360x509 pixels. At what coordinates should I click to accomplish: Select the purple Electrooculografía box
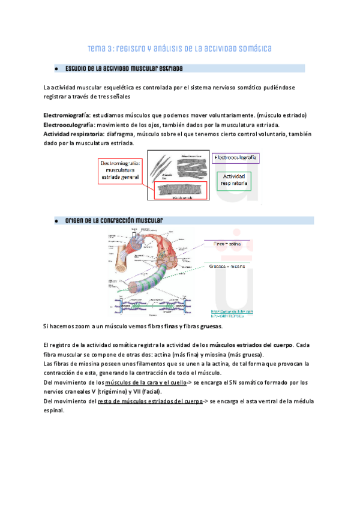tap(235, 158)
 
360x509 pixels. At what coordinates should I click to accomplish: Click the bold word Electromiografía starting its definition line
tap(67, 115)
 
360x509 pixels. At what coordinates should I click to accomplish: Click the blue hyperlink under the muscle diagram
tap(232, 313)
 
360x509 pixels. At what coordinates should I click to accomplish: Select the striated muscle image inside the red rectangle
tap(181, 191)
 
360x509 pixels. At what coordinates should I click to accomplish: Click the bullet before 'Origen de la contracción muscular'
tap(55, 221)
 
